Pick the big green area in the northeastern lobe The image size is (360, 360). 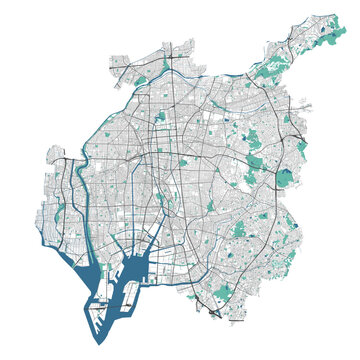tap(268, 70)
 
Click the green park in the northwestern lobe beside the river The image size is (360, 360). tap(141, 79)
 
